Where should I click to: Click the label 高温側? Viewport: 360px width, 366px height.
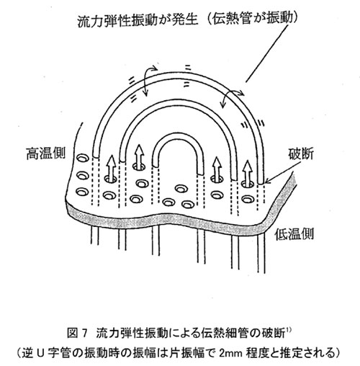(x=45, y=153)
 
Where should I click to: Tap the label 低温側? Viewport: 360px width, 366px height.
(x=294, y=233)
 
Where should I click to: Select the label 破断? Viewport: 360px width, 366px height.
(x=301, y=153)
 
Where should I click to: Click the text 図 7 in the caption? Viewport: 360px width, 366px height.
(x=76, y=334)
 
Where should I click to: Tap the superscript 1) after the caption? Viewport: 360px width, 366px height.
(x=288, y=330)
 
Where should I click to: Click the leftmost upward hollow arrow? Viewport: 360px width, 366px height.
(x=111, y=168)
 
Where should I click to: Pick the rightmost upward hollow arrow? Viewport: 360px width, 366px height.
(x=247, y=173)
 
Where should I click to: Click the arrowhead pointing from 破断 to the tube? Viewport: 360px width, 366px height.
(x=267, y=182)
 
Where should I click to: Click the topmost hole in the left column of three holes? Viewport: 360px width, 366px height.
(x=83, y=159)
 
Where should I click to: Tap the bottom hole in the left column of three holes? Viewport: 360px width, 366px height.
(x=82, y=192)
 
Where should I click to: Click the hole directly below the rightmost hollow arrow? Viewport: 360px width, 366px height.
(x=248, y=198)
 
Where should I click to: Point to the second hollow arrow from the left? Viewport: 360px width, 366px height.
(x=140, y=156)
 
